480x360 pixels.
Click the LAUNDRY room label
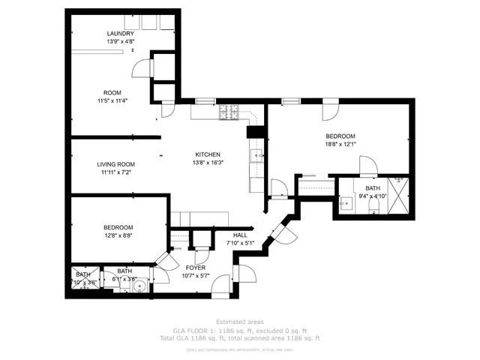(x=120, y=34)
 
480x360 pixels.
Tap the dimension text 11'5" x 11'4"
(x=112, y=100)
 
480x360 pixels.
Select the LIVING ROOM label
(x=115, y=164)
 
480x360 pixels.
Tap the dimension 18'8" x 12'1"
(x=340, y=144)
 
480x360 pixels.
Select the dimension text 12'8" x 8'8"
(x=118, y=235)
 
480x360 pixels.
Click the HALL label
(x=240, y=235)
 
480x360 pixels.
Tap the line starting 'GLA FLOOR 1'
(x=239, y=330)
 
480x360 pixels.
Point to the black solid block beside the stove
(x=253, y=132)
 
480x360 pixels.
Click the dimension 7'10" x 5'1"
(x=240, y=242)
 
